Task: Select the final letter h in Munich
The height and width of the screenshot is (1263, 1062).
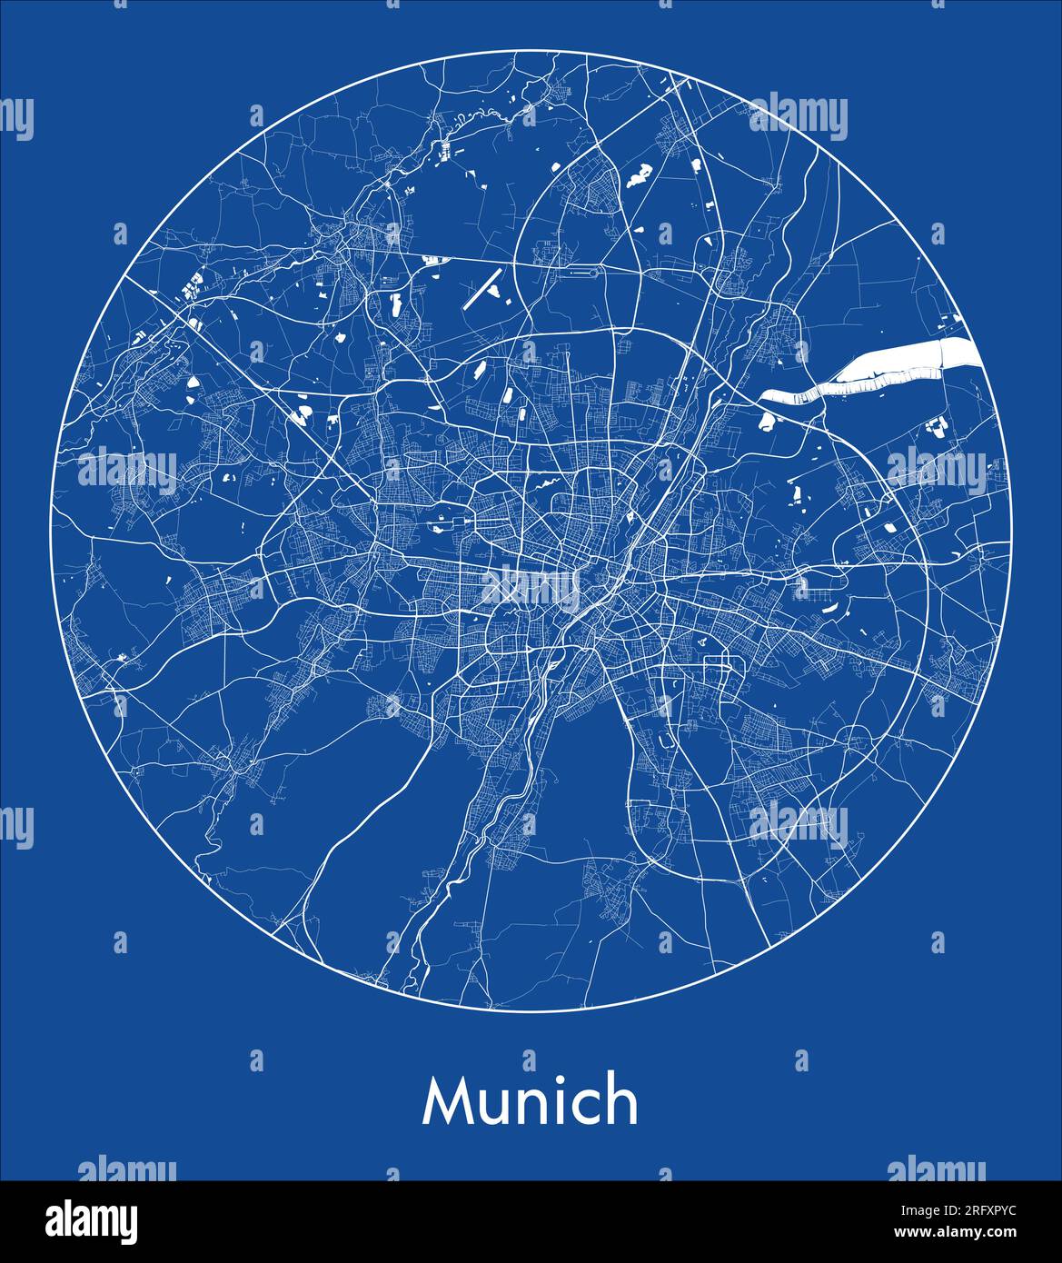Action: pyautogui.click(x=621, y=1099)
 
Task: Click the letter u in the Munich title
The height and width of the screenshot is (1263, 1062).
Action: pyautogui.click(x=491, y=1106)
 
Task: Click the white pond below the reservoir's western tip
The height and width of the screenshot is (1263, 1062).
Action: pyautogui.click(x=768, y=421)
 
